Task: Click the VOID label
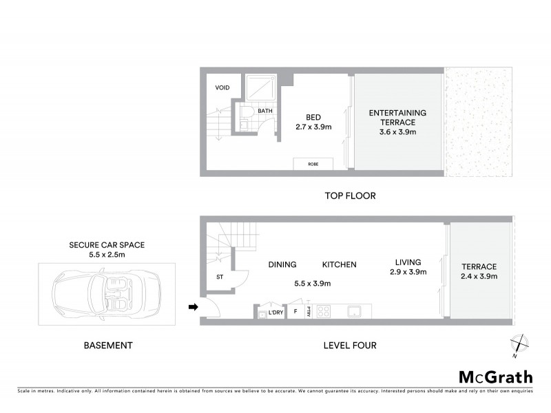coord(222,88)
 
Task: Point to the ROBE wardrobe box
coord(313,165)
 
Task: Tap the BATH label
coord(265,111)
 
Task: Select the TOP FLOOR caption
coord(350,196)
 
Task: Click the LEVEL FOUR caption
coord(350,346)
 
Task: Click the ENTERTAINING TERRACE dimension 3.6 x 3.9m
coord(397,131)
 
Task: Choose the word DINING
coord(282,264)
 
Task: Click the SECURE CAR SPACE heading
coord(106,244)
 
